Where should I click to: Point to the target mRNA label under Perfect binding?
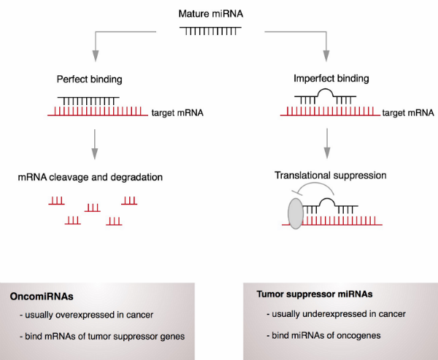pyautogui.click(x=177, y=113)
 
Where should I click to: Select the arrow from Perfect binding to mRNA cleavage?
pyautogui.click(x=94, y=143)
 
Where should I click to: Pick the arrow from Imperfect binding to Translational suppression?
pyautogui.click(x=326, y=143)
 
